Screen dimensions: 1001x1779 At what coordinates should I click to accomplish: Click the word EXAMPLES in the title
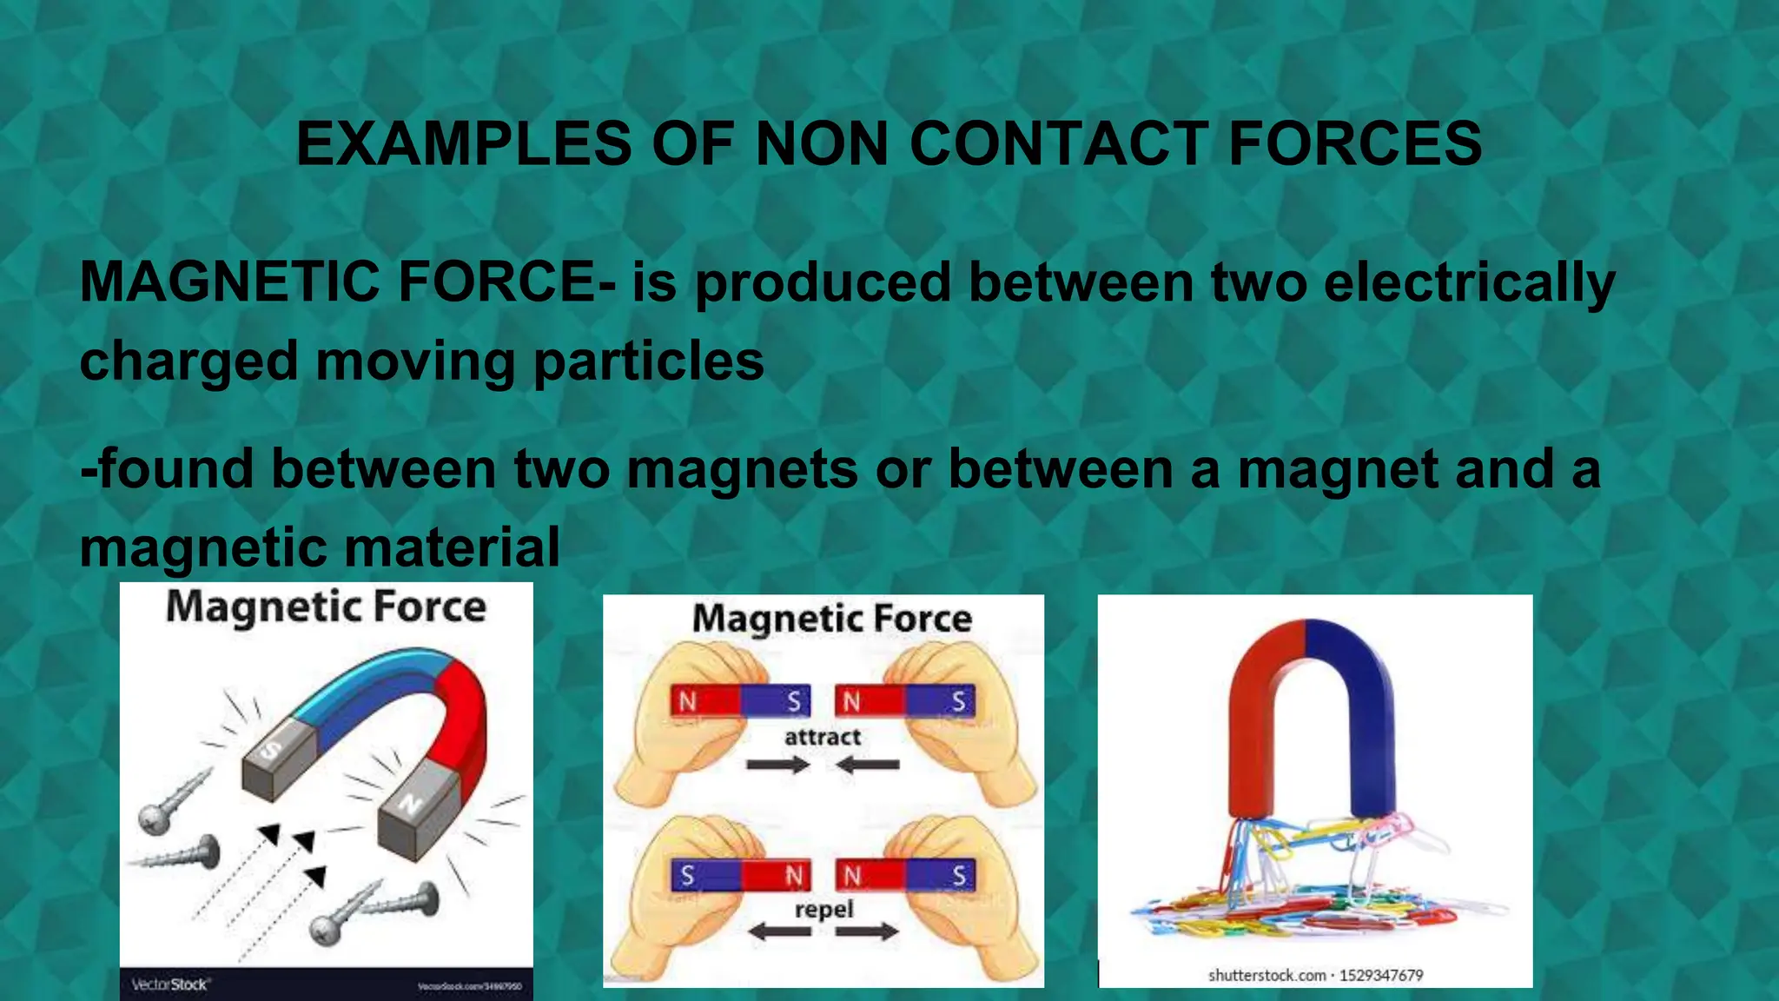pos(463,143)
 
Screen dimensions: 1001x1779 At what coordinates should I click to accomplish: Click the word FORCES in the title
pos(1355,143)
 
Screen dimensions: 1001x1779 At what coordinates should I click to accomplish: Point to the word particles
pos(648,361)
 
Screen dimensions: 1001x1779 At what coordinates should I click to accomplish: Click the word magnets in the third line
pos(742,470)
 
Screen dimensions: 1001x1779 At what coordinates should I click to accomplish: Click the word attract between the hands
pos(822,738)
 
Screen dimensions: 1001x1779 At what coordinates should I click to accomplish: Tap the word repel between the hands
pos(823,910)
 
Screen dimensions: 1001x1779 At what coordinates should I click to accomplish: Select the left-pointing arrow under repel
pos(778,932)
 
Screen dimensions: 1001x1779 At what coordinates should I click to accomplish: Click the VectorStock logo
pos(170,984)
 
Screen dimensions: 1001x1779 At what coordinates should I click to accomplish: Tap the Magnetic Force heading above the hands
pos(831,619)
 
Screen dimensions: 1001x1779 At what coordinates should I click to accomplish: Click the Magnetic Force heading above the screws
pos(326,607)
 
